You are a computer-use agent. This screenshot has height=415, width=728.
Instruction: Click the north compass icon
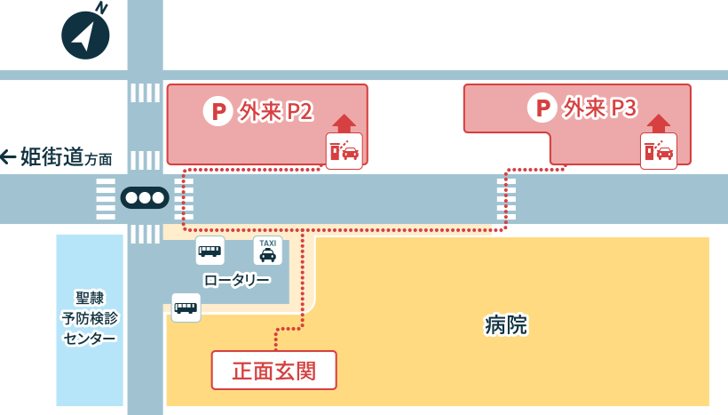coord(85,35)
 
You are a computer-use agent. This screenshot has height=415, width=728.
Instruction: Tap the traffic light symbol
coord(144,198)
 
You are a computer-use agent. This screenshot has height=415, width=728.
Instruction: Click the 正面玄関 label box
coord(273,370)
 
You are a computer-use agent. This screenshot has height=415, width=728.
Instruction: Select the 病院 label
coord(506,325)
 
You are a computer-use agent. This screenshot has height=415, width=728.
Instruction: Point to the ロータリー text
coord(236,280)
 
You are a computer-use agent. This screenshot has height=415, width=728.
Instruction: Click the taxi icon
coord(267,251)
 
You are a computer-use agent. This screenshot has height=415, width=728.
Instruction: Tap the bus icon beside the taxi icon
coord(210,251)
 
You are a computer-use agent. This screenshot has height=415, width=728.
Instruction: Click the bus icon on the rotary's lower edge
coord(186,307)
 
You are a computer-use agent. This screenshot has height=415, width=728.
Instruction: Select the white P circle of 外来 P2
coord(218,111)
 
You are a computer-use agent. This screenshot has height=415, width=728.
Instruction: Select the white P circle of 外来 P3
coord(542,108)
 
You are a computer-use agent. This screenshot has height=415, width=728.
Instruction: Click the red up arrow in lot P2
coord(344,123)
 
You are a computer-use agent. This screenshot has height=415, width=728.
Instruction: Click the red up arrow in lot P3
coord(659,123)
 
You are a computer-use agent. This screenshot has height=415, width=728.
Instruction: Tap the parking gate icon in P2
coord(344,151)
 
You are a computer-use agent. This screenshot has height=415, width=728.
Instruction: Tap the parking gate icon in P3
coord(659,151)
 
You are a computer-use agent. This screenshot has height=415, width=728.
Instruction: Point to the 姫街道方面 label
coord(67,157)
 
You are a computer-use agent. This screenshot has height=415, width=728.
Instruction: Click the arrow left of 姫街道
coord(8,157)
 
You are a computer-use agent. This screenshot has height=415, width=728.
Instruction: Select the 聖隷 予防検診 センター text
coord(89,317)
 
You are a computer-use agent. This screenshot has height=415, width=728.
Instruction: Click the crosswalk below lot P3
coord(506,198)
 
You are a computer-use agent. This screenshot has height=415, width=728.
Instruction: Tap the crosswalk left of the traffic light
coord(106,198)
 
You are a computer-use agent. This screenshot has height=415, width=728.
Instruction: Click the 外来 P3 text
coord(600,108)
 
